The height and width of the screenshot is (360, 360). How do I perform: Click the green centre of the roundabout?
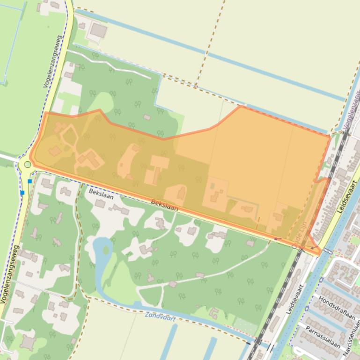28,164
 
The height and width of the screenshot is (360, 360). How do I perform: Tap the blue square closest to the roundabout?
30,181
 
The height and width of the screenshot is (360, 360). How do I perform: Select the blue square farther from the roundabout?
22,193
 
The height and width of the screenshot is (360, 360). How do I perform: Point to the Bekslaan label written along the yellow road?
164,205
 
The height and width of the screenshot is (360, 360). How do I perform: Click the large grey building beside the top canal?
98,31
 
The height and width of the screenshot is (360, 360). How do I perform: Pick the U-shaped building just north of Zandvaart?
214,312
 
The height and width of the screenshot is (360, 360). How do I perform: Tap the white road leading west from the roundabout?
9,158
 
